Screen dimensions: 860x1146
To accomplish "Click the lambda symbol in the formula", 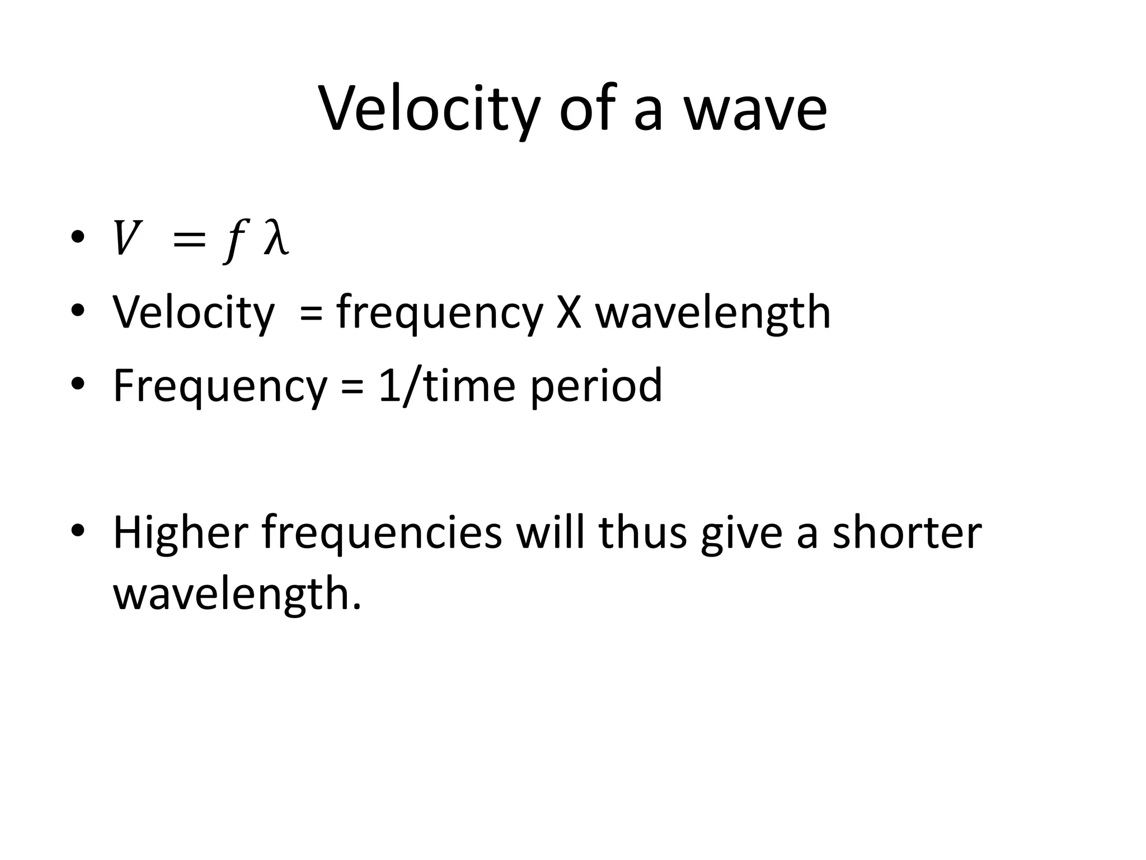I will pos(276,239).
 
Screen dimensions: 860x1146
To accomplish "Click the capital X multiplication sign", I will pos(569,312).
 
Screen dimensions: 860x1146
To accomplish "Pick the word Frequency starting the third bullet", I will pos(220,386).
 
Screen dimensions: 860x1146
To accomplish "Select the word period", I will pos(596,386).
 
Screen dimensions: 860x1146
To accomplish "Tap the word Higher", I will pos(181,532).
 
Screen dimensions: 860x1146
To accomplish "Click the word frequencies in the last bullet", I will pos(382,532).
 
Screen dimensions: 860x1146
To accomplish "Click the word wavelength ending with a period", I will pos(237,594).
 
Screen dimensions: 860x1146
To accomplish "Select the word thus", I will pos(642,532).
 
